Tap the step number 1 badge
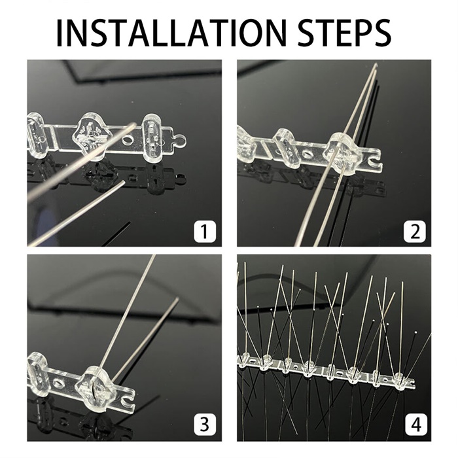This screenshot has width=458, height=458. coord(205,231)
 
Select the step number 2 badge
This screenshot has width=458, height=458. coord(414,231)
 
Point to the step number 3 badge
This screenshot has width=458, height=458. coord(205,424)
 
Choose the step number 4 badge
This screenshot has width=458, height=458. coord(416,424)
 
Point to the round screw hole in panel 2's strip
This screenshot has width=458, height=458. coord(309,154)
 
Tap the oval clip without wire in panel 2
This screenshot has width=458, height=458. coord(287,148)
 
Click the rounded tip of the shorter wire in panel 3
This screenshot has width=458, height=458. coord(177,300)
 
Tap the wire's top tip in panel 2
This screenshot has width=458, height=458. coord(376,64)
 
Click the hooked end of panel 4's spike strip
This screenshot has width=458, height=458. coord(412,383)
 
